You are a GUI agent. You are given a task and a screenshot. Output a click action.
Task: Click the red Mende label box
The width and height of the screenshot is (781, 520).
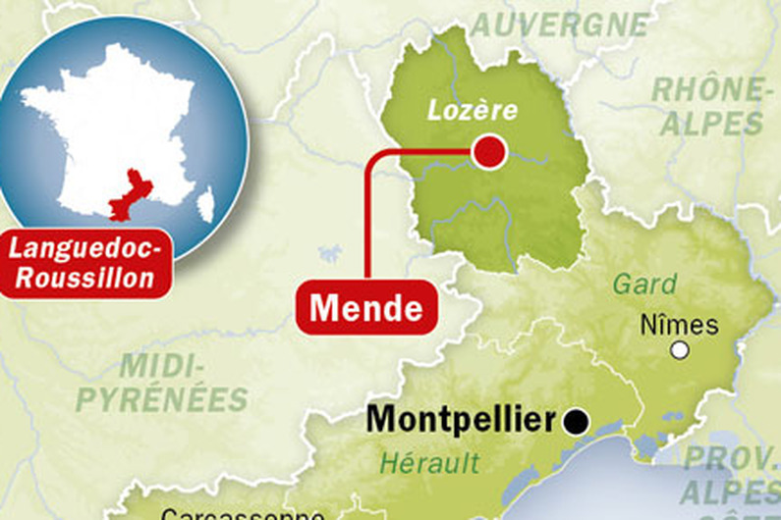point(366,307)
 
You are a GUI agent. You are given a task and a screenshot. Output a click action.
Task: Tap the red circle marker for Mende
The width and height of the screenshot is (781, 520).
point(488,151)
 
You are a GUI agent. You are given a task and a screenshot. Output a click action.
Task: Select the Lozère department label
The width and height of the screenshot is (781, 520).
point(472,110)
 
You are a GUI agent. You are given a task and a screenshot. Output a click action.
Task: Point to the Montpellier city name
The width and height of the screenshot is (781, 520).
point(461,420)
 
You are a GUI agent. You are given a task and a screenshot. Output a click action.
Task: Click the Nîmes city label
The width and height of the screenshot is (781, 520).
point(679,325)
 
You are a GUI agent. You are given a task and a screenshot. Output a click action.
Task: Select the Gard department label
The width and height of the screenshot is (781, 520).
point(644,285)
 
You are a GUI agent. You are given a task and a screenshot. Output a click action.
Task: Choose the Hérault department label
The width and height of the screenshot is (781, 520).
point(430,462)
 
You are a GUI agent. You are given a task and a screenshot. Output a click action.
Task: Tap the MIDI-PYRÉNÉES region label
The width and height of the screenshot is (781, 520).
point(162,384)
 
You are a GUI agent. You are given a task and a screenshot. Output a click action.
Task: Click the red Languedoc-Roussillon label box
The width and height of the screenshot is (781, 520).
point(85,264)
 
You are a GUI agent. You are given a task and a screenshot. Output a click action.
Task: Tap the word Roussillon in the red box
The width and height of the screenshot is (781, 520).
point(85,278)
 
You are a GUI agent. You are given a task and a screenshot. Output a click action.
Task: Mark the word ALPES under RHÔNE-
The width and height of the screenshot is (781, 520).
point(711,123)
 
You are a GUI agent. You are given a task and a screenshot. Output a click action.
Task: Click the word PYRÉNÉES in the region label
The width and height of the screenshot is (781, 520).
point(162,399)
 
